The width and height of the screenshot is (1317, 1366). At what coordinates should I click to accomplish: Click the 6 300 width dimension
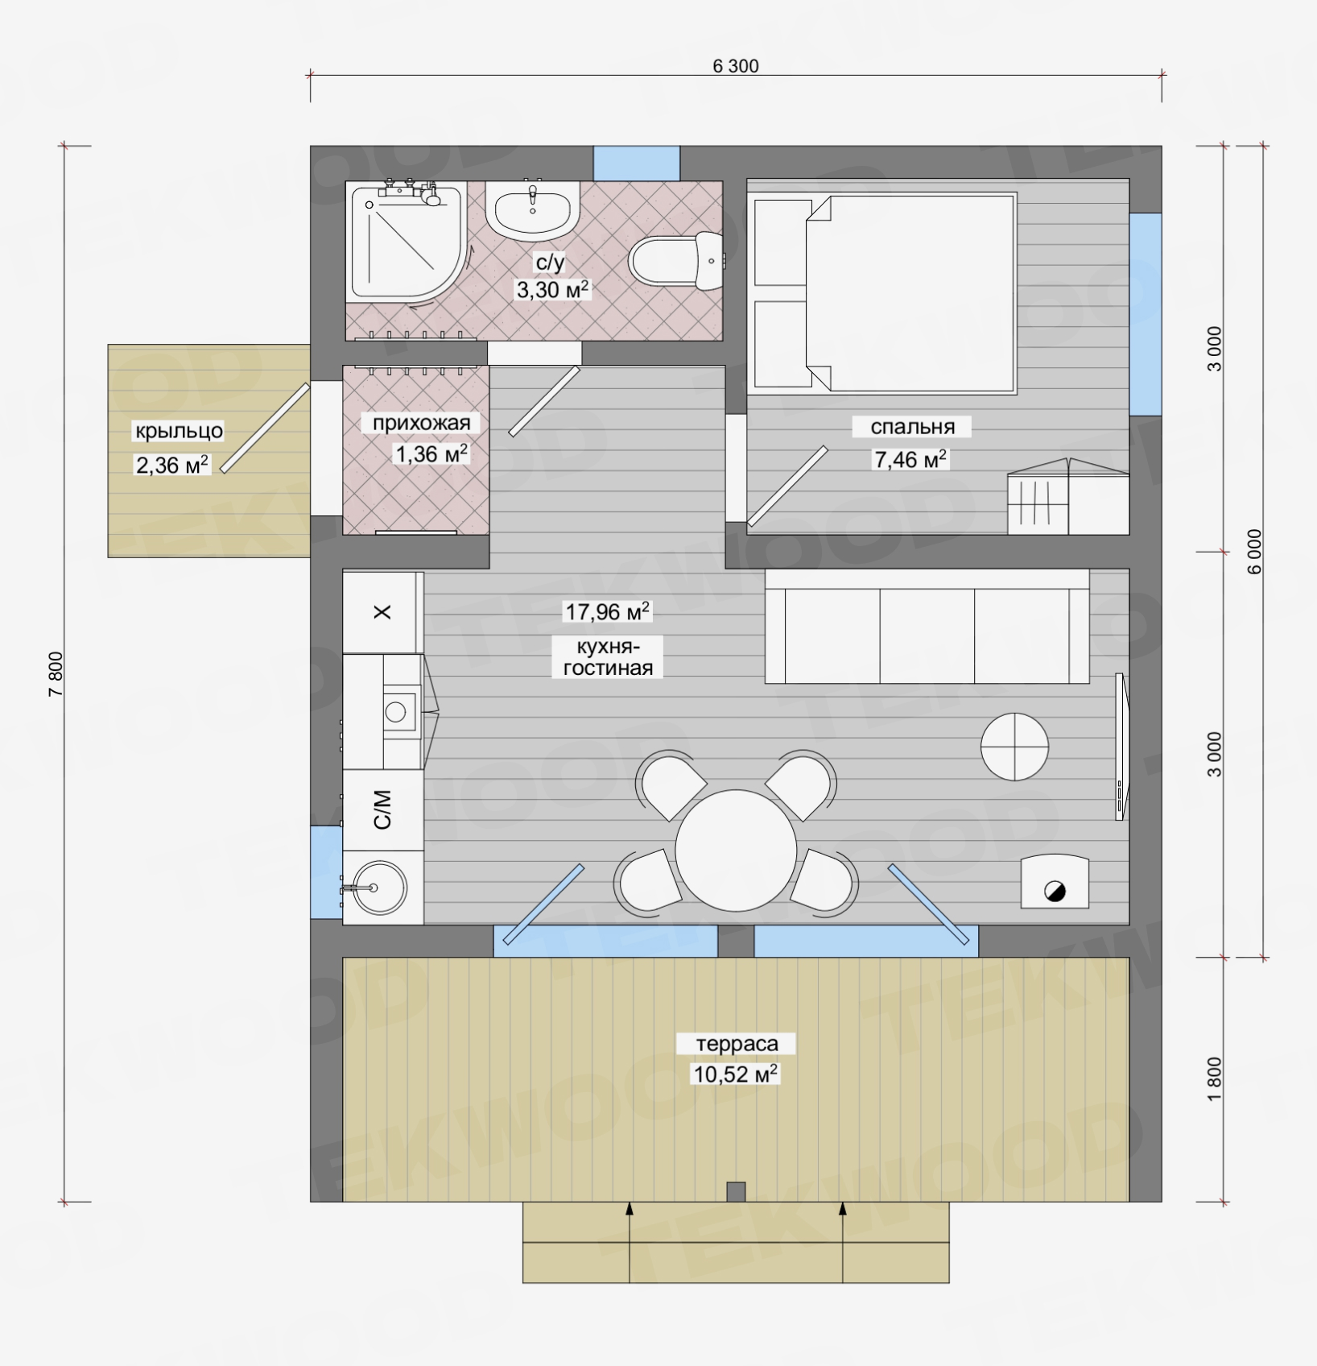(735, 66)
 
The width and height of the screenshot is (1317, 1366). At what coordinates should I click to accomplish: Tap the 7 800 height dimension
(56, 674)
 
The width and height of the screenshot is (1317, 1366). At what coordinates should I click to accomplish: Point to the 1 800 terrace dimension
(1215, 1079)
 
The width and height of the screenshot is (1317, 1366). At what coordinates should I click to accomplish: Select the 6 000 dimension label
(1255, 552)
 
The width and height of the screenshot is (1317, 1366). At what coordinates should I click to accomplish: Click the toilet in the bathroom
(676, 261)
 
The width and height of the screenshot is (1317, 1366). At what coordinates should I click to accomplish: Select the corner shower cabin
(407, 242)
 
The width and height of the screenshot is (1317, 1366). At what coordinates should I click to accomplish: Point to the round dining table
(736, 851)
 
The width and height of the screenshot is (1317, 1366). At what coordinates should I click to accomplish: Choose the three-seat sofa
(927, 626)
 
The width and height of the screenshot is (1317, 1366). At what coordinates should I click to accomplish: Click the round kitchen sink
(379, 888)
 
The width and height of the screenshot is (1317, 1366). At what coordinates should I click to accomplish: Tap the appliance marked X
(383, 612)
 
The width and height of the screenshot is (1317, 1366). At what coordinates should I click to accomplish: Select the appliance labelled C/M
(383, 810)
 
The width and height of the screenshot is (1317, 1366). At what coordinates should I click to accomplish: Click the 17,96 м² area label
(607, 612)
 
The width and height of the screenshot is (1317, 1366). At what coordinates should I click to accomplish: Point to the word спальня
(912, 427)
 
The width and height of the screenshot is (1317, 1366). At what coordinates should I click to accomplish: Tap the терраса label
(737, 1044)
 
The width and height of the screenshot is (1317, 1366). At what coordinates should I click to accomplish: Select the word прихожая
(421, 423)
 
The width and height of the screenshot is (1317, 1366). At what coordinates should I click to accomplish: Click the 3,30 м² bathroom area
(552, 290)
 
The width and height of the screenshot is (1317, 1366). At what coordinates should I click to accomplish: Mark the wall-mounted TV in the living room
(1121, 747)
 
